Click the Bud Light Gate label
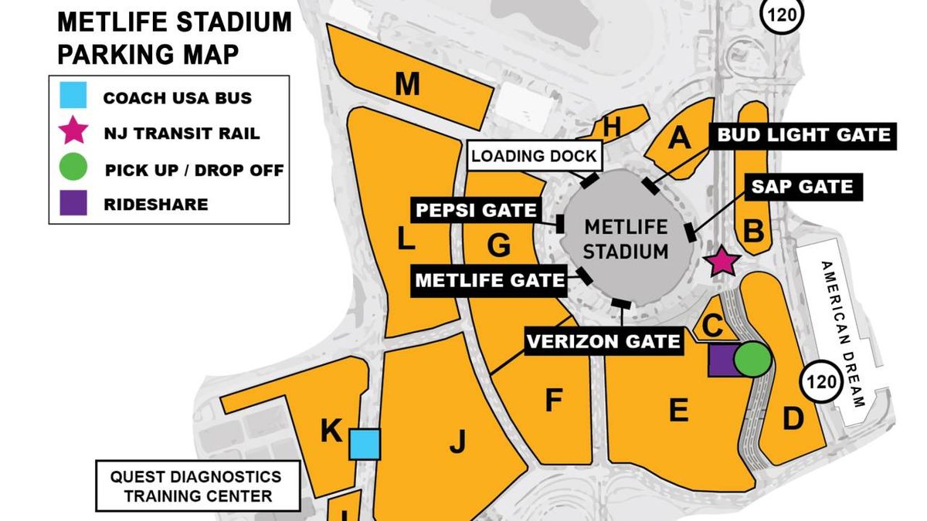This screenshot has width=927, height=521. click(803, 135)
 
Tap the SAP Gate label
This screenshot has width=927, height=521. click(803, 186)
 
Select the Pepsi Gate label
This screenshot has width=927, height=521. click(476, 210)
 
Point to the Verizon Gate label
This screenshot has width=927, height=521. click(603, 340)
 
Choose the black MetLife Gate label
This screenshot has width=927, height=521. click(490, 279)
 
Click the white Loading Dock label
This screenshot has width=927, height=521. click(534, 156)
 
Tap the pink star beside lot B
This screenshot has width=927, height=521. click(723, 261)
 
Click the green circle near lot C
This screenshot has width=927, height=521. click(752, 360)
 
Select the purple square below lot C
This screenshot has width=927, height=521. click(722, 360)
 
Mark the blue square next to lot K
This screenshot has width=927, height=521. click(364, 445)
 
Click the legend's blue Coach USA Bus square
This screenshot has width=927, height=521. click(73, 96)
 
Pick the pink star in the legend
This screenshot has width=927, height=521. click(73, 131)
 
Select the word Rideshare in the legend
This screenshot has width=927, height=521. click(155, 205)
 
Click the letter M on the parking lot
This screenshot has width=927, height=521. click(407, 84)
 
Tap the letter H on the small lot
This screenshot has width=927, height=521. click(611, 129)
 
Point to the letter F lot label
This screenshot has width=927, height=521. click(552, 401)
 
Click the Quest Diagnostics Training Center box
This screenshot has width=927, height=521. click(198, 485)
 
